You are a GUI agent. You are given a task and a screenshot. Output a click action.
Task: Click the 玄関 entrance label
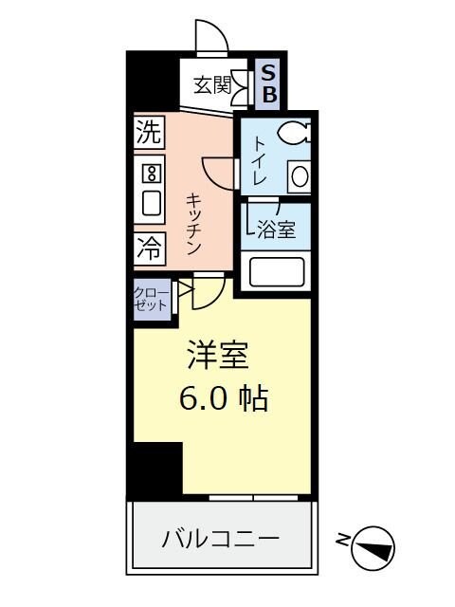click(x=212, y=85)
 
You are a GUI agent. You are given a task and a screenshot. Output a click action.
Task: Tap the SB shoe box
click(x=268, y=83)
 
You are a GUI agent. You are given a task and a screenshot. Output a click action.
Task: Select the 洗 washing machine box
click(x=149, y=133)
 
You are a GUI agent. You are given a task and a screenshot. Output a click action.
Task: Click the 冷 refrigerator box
click(x=149, y=248)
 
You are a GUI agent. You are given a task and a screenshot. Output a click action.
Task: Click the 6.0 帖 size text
click(x=224, y=398)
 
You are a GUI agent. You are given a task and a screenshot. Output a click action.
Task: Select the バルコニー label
click(x=220, y=540)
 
